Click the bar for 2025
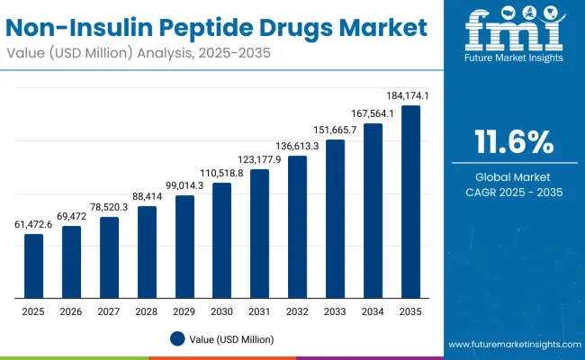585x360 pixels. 33,265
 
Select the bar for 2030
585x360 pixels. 221,240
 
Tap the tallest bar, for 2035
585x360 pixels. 410,202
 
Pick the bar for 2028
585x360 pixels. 147,252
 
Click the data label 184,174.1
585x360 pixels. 409,95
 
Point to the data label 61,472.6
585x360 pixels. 33,224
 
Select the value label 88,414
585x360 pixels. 147,196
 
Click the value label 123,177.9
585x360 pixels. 259,159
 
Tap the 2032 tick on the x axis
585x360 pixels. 297,310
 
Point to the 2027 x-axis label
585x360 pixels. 109,310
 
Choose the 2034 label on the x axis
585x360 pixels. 373,310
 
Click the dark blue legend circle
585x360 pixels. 177,338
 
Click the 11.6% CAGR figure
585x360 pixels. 513,143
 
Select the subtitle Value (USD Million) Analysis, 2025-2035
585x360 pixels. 143,53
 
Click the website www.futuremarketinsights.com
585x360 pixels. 511,345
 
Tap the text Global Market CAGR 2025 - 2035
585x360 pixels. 513,184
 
